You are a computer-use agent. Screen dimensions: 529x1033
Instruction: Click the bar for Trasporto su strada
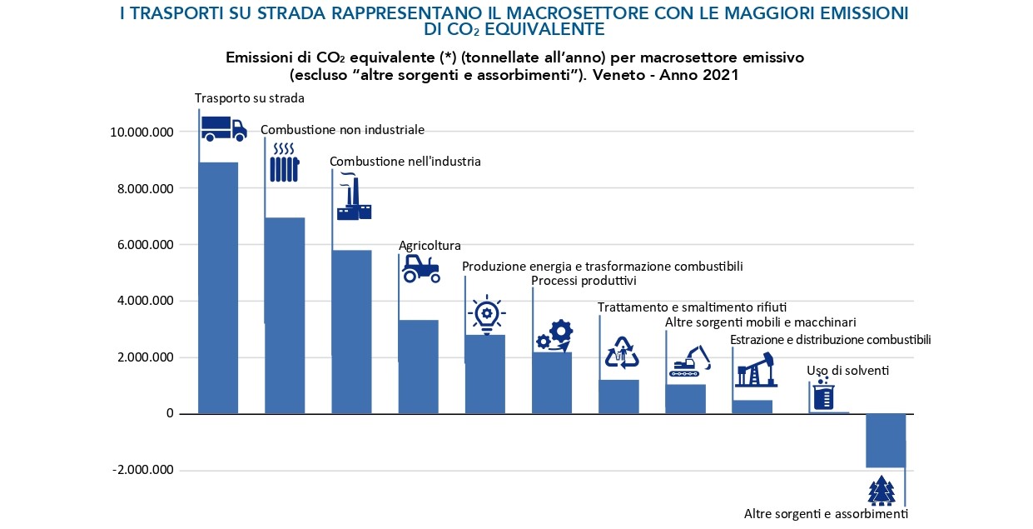click(x=218, y=287)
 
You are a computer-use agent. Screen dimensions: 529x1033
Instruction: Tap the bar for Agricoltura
click(x=418, y=367)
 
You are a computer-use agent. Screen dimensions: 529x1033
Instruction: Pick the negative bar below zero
click(x=885, y=440)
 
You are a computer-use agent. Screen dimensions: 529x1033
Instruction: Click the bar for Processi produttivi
click(x=551, y=382)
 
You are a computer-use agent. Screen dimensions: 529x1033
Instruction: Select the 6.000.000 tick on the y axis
click(x=143, y=245)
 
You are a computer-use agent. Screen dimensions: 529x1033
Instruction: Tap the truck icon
click(x=224, y=128)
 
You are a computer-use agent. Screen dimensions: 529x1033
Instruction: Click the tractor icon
click(x=420, y=267)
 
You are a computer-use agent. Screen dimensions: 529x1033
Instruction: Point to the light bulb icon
click(x=485, y=313)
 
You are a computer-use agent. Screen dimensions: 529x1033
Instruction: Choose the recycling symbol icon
click(x=621, y=352)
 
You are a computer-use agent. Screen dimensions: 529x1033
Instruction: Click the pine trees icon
click(x=881, y=491)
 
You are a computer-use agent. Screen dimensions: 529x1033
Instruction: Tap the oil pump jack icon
click(x=756, y=369)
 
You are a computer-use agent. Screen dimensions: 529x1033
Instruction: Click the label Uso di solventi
click(x=847, y=371)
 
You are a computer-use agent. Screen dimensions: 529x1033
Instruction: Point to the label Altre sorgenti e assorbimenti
click(x=825, y=514)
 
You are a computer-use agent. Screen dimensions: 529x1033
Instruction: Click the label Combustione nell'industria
click(x=405, y=162)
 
